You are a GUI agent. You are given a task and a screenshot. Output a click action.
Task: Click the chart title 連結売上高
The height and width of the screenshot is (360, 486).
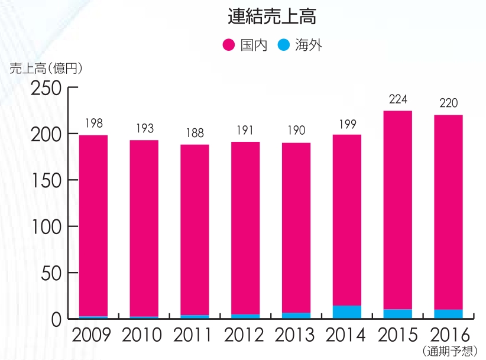[x=271, y=17]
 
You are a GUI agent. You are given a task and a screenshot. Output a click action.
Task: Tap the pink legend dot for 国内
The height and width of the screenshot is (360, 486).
[x=229, y=45]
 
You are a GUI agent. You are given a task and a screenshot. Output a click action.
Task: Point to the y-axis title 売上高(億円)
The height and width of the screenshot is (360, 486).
[x=46, y=68]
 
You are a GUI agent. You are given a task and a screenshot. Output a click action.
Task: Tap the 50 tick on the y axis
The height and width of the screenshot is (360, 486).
[x=51, y=273]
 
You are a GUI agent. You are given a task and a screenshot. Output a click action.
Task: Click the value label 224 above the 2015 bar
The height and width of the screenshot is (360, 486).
[x=398, y=99]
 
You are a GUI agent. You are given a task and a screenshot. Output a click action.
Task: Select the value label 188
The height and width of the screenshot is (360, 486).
[x=195, y=132]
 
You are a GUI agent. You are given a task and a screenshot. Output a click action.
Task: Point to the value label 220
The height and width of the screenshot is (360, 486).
[x=449, y=103]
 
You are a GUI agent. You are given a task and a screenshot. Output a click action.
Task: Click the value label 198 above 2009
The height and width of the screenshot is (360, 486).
[x=93, y=123]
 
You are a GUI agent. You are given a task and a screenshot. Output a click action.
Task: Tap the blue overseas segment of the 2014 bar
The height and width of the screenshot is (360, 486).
[x=347, y=312]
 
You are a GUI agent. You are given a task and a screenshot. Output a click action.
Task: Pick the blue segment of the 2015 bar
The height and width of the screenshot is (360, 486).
[x=398, y=313]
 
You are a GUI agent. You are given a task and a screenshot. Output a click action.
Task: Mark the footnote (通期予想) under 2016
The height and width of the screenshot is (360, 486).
[x=450, y=352]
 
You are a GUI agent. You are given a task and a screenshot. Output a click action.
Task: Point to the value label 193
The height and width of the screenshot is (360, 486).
[x=144, y=128]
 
